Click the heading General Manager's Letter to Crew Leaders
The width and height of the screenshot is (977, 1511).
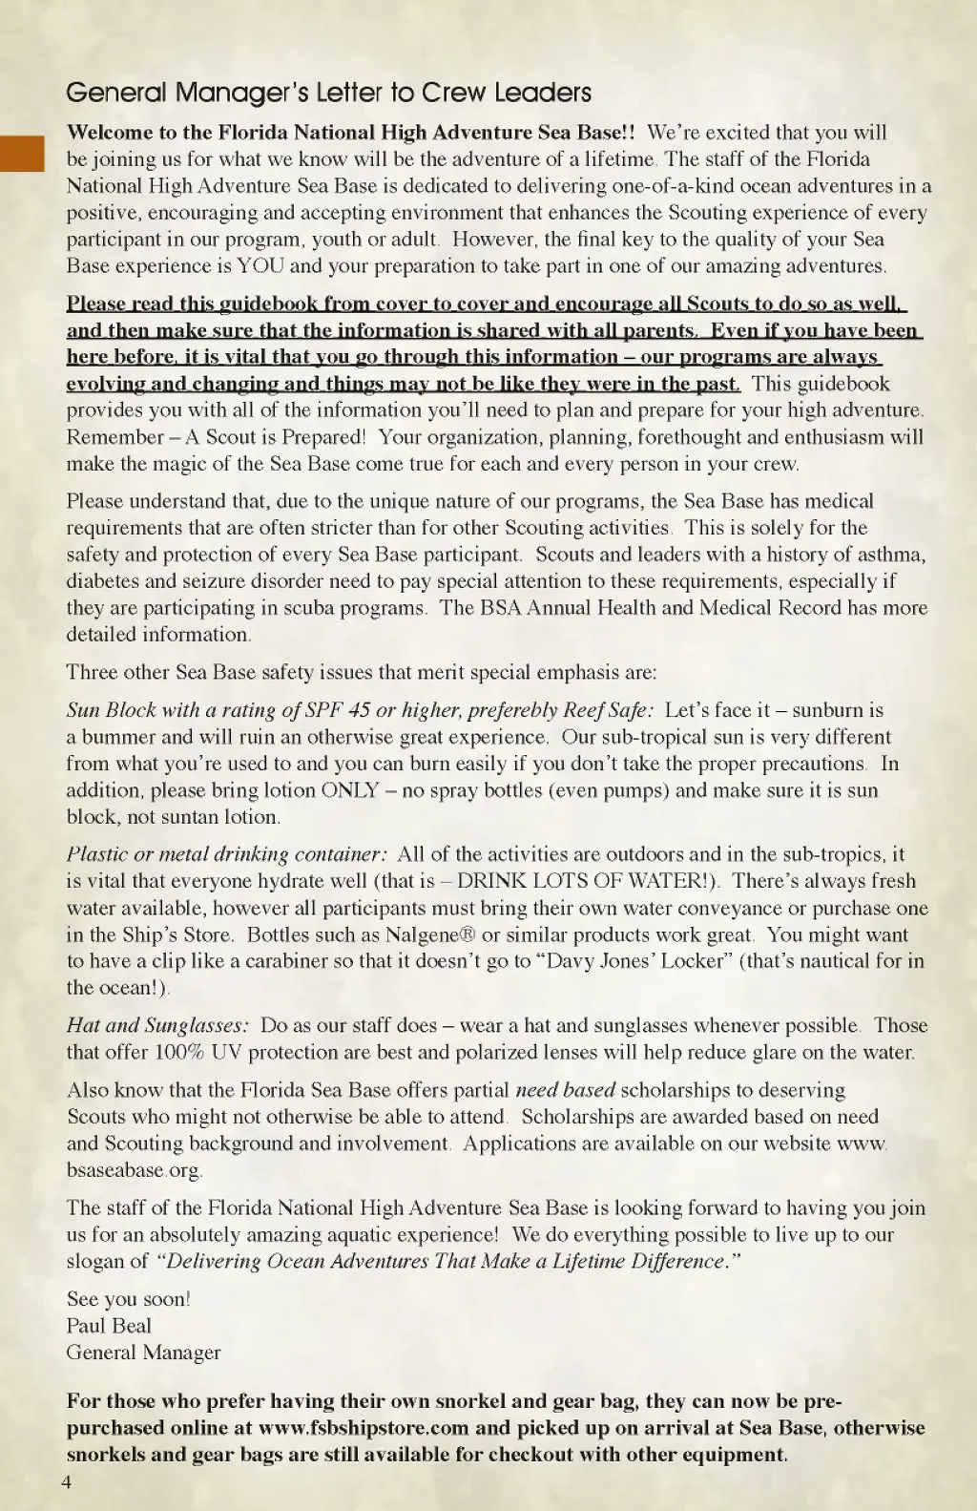click(x=328, y=93)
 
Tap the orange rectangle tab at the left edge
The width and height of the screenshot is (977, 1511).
click(x=22, y=154)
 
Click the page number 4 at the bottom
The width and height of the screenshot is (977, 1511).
click(x=66, y=1481)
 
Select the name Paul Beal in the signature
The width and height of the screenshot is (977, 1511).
click(x=109, y=1326)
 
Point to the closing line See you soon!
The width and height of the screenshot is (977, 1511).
click(x=128, y=1299)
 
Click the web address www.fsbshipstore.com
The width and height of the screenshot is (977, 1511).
click(x=364, y=1428)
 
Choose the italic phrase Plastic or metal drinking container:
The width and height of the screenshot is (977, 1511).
click(x=227, y=854)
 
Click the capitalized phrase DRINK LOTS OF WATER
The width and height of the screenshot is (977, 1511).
click(x=581, y=881)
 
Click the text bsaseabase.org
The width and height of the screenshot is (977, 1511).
click(x=135, y=1170)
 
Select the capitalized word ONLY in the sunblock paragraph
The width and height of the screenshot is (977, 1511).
click(x=350, y=790)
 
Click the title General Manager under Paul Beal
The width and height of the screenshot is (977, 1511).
click(x=143, y=1353)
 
